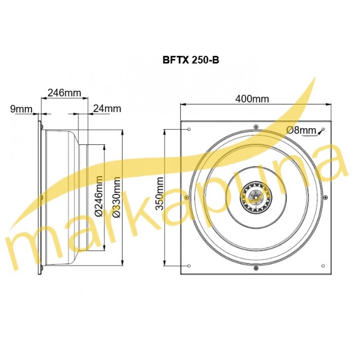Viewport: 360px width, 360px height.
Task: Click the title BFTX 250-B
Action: coord(191,60)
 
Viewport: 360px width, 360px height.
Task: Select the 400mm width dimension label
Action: coord(252,99)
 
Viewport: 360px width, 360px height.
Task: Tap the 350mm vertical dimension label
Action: coord(160,193)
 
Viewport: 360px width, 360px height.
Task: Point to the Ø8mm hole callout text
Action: coord(301,130)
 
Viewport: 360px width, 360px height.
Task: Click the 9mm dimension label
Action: coord(21,109)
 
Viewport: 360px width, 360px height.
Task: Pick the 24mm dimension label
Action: coord(107,108)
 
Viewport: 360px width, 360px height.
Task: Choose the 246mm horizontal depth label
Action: coord(64,93)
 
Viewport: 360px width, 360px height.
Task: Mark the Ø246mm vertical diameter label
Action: coord(99,196)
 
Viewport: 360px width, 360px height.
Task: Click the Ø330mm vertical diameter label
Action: coord(117,197)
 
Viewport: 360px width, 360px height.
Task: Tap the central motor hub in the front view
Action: coord(256,197)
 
